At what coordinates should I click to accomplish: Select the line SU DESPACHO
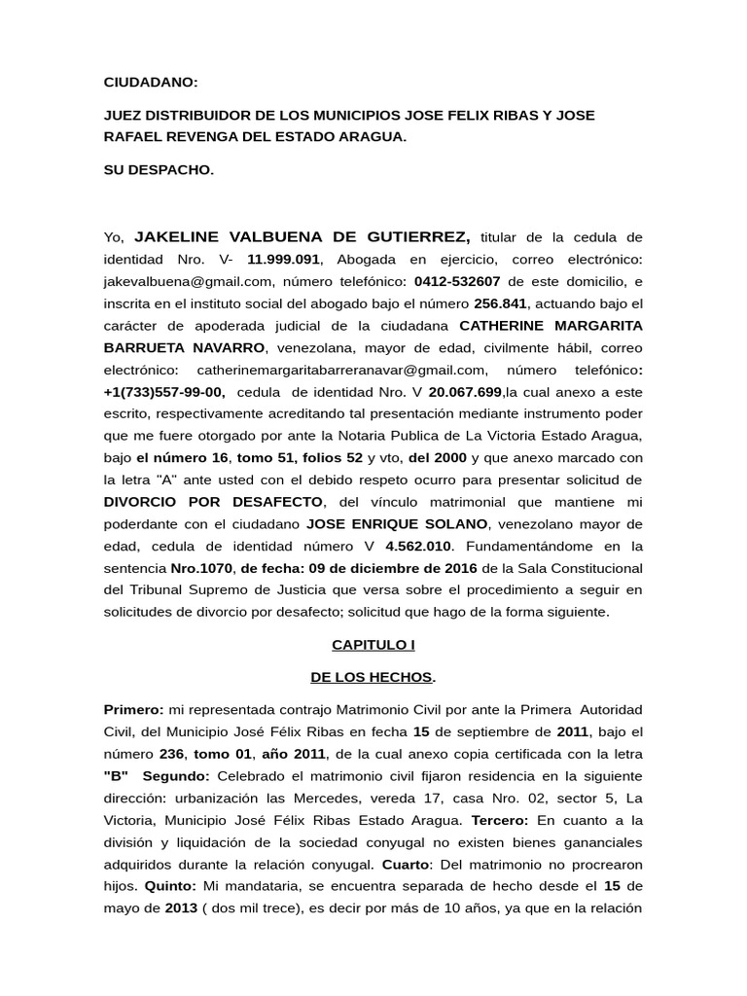pyautogui.click(x=159, y=169)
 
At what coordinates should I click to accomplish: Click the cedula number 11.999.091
pyautogui.click(x=283, y=260)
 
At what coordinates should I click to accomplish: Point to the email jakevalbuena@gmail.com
pyautogui.click(x=188, y=281)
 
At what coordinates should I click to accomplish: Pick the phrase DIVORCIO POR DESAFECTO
pyautogui.click(x=213, y=501)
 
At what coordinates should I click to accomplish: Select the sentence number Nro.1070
pyautogui.click(x=201, y=567)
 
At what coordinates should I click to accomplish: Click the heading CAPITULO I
pyautogui.click(x=373, y=644)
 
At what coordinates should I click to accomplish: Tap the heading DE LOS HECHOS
pyautogui.click(x=373, y=676)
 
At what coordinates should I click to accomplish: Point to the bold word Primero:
pyautogui.click(x=133, y=709)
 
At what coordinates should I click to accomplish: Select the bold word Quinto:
pyautogui.click(x=170, y=886)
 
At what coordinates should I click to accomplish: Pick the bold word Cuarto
pyautogui.click(x=403, y=864)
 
